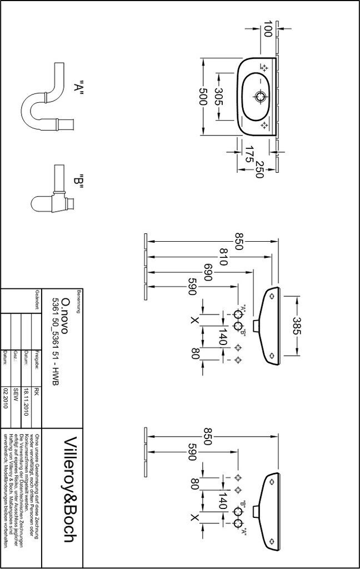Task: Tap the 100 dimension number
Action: [268, 29]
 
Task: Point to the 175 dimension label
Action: [249, 154]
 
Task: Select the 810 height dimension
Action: [223, 257]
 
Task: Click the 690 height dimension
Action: [208, 272]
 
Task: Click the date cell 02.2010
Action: [6, 398]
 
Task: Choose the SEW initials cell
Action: [16, 395]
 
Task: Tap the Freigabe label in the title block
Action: [37, 359]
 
